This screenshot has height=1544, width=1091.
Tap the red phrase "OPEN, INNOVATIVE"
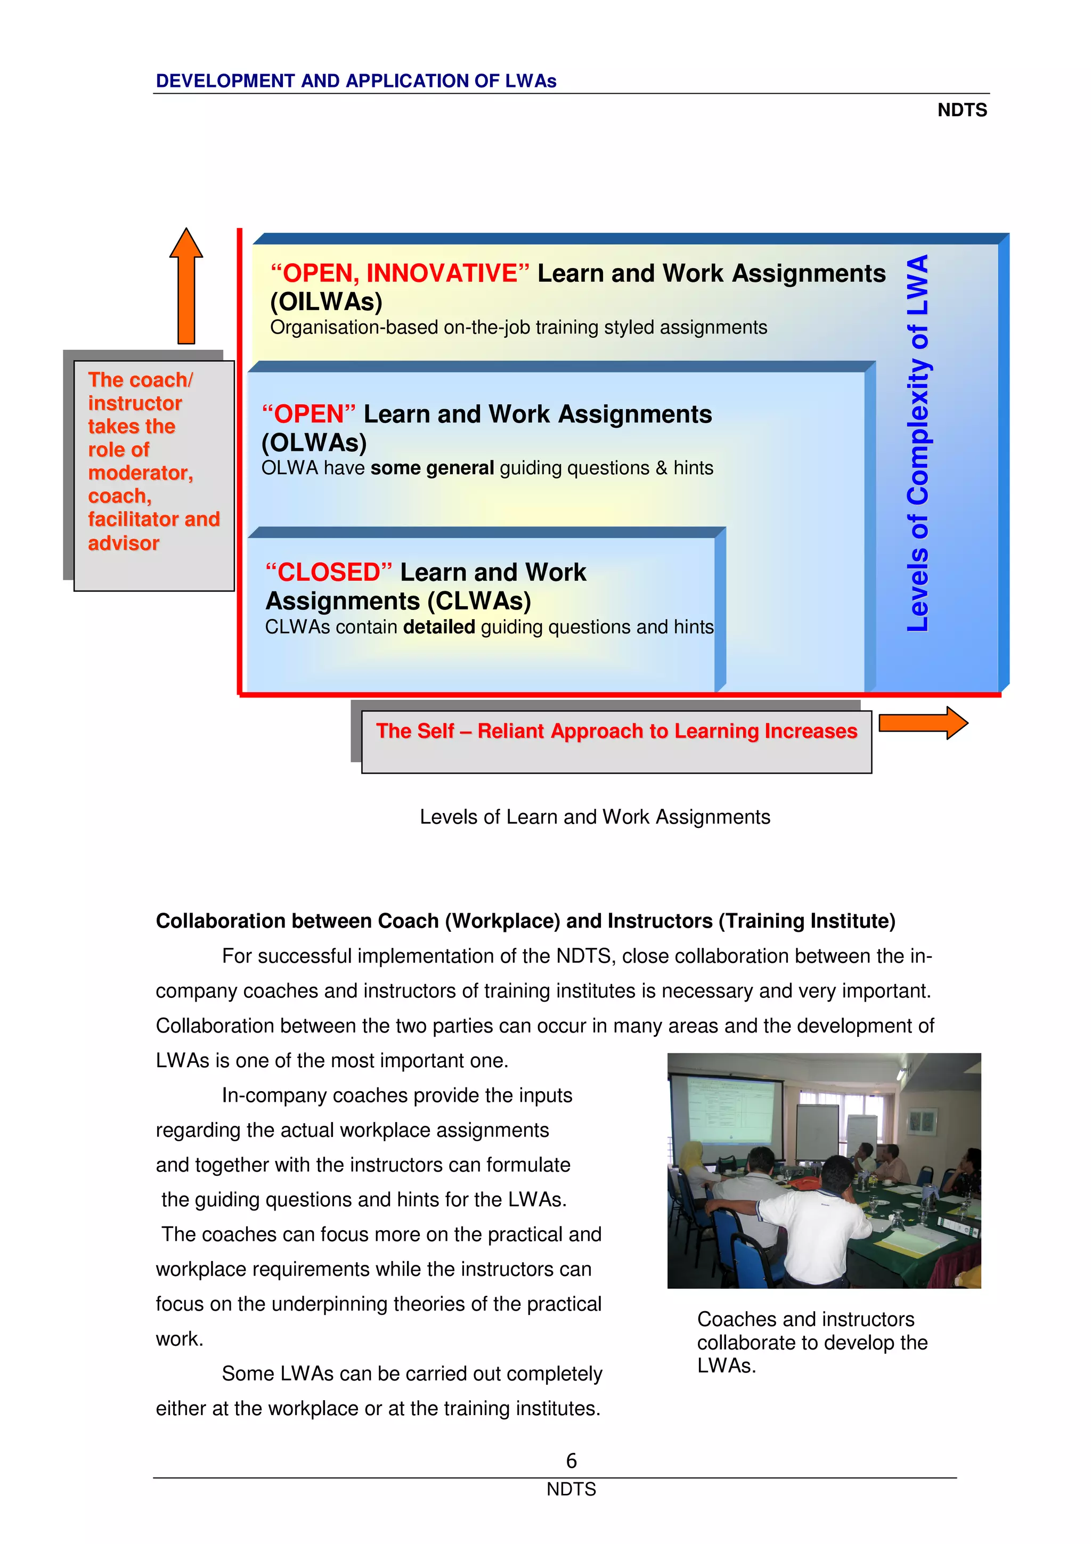click(400, 273)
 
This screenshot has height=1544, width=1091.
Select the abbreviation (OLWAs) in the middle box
click(314, 443)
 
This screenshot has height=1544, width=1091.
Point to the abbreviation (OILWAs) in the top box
click(326, 301)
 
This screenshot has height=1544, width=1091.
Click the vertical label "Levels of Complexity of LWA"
click(917, 444)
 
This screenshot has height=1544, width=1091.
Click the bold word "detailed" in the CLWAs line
click(439, 627)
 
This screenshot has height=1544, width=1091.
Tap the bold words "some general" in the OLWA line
click(431, 468)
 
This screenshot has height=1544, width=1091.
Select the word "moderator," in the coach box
click(141, 473)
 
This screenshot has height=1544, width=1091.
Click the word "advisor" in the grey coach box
click(124, 543)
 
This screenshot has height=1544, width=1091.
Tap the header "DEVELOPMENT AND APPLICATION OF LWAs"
click(356, 80)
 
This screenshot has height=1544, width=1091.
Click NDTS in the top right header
click(962, 110)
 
